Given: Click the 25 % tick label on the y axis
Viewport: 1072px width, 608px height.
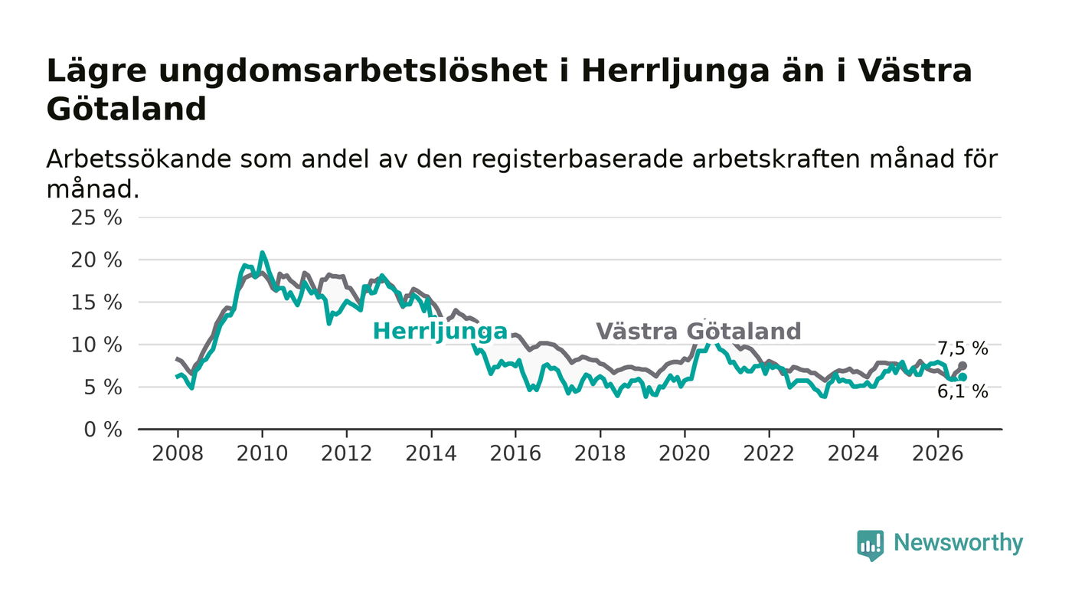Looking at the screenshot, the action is [96, 217].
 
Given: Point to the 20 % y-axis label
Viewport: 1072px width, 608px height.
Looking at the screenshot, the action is [96, 260].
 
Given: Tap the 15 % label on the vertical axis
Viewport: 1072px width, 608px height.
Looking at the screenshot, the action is [96, 302].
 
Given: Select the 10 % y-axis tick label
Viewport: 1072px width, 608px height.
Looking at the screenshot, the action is [96, 345].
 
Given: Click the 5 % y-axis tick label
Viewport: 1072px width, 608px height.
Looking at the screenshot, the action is [103, 387].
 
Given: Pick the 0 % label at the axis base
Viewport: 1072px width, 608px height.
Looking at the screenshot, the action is [103, 430].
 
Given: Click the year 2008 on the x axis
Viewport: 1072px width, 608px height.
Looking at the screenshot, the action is [178, 454].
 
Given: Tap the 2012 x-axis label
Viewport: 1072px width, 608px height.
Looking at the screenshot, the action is [346, 454].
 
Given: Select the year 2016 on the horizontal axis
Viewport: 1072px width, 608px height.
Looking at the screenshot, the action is [515, 454].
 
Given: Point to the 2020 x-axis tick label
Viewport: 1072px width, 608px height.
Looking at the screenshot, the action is [685, 454].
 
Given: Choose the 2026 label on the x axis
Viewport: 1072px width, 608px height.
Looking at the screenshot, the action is [937, 454].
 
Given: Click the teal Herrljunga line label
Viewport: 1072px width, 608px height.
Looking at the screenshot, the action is [440, 332].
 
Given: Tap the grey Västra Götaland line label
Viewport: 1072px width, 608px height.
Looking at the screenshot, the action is [698, 332].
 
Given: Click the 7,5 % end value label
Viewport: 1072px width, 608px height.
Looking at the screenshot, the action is [963, 348].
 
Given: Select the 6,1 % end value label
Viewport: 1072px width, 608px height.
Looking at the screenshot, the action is [963, 391].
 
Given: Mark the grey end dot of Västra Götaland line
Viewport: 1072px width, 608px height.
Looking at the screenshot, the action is [963, 366].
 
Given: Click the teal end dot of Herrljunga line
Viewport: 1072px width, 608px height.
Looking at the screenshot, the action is [963, 378].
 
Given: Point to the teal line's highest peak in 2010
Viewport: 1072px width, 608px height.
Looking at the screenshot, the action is [262, 252].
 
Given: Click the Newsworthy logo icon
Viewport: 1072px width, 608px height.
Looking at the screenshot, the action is [870, 545].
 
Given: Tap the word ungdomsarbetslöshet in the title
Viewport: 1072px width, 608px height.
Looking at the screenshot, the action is [353, 72].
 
